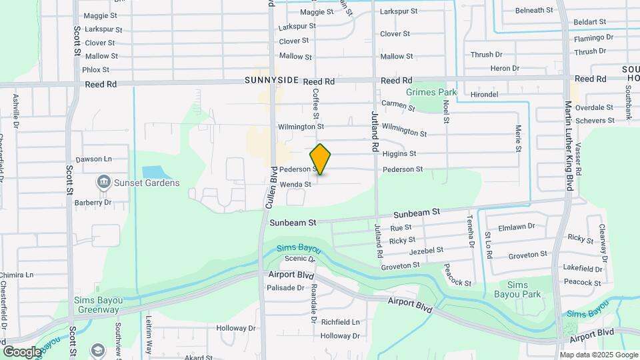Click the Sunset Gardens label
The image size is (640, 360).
[147, 183]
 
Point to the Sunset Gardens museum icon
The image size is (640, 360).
[104, 182]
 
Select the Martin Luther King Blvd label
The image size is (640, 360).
[568, 146]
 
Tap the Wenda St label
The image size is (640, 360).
[295, 184]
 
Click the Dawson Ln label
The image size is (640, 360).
[93, 159]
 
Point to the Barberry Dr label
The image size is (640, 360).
[93, 202]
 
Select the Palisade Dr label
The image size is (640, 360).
[285, 288]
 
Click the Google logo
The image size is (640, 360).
[22, 352]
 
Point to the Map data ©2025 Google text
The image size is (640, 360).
[598, 355]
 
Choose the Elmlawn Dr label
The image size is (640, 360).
[517, 226]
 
